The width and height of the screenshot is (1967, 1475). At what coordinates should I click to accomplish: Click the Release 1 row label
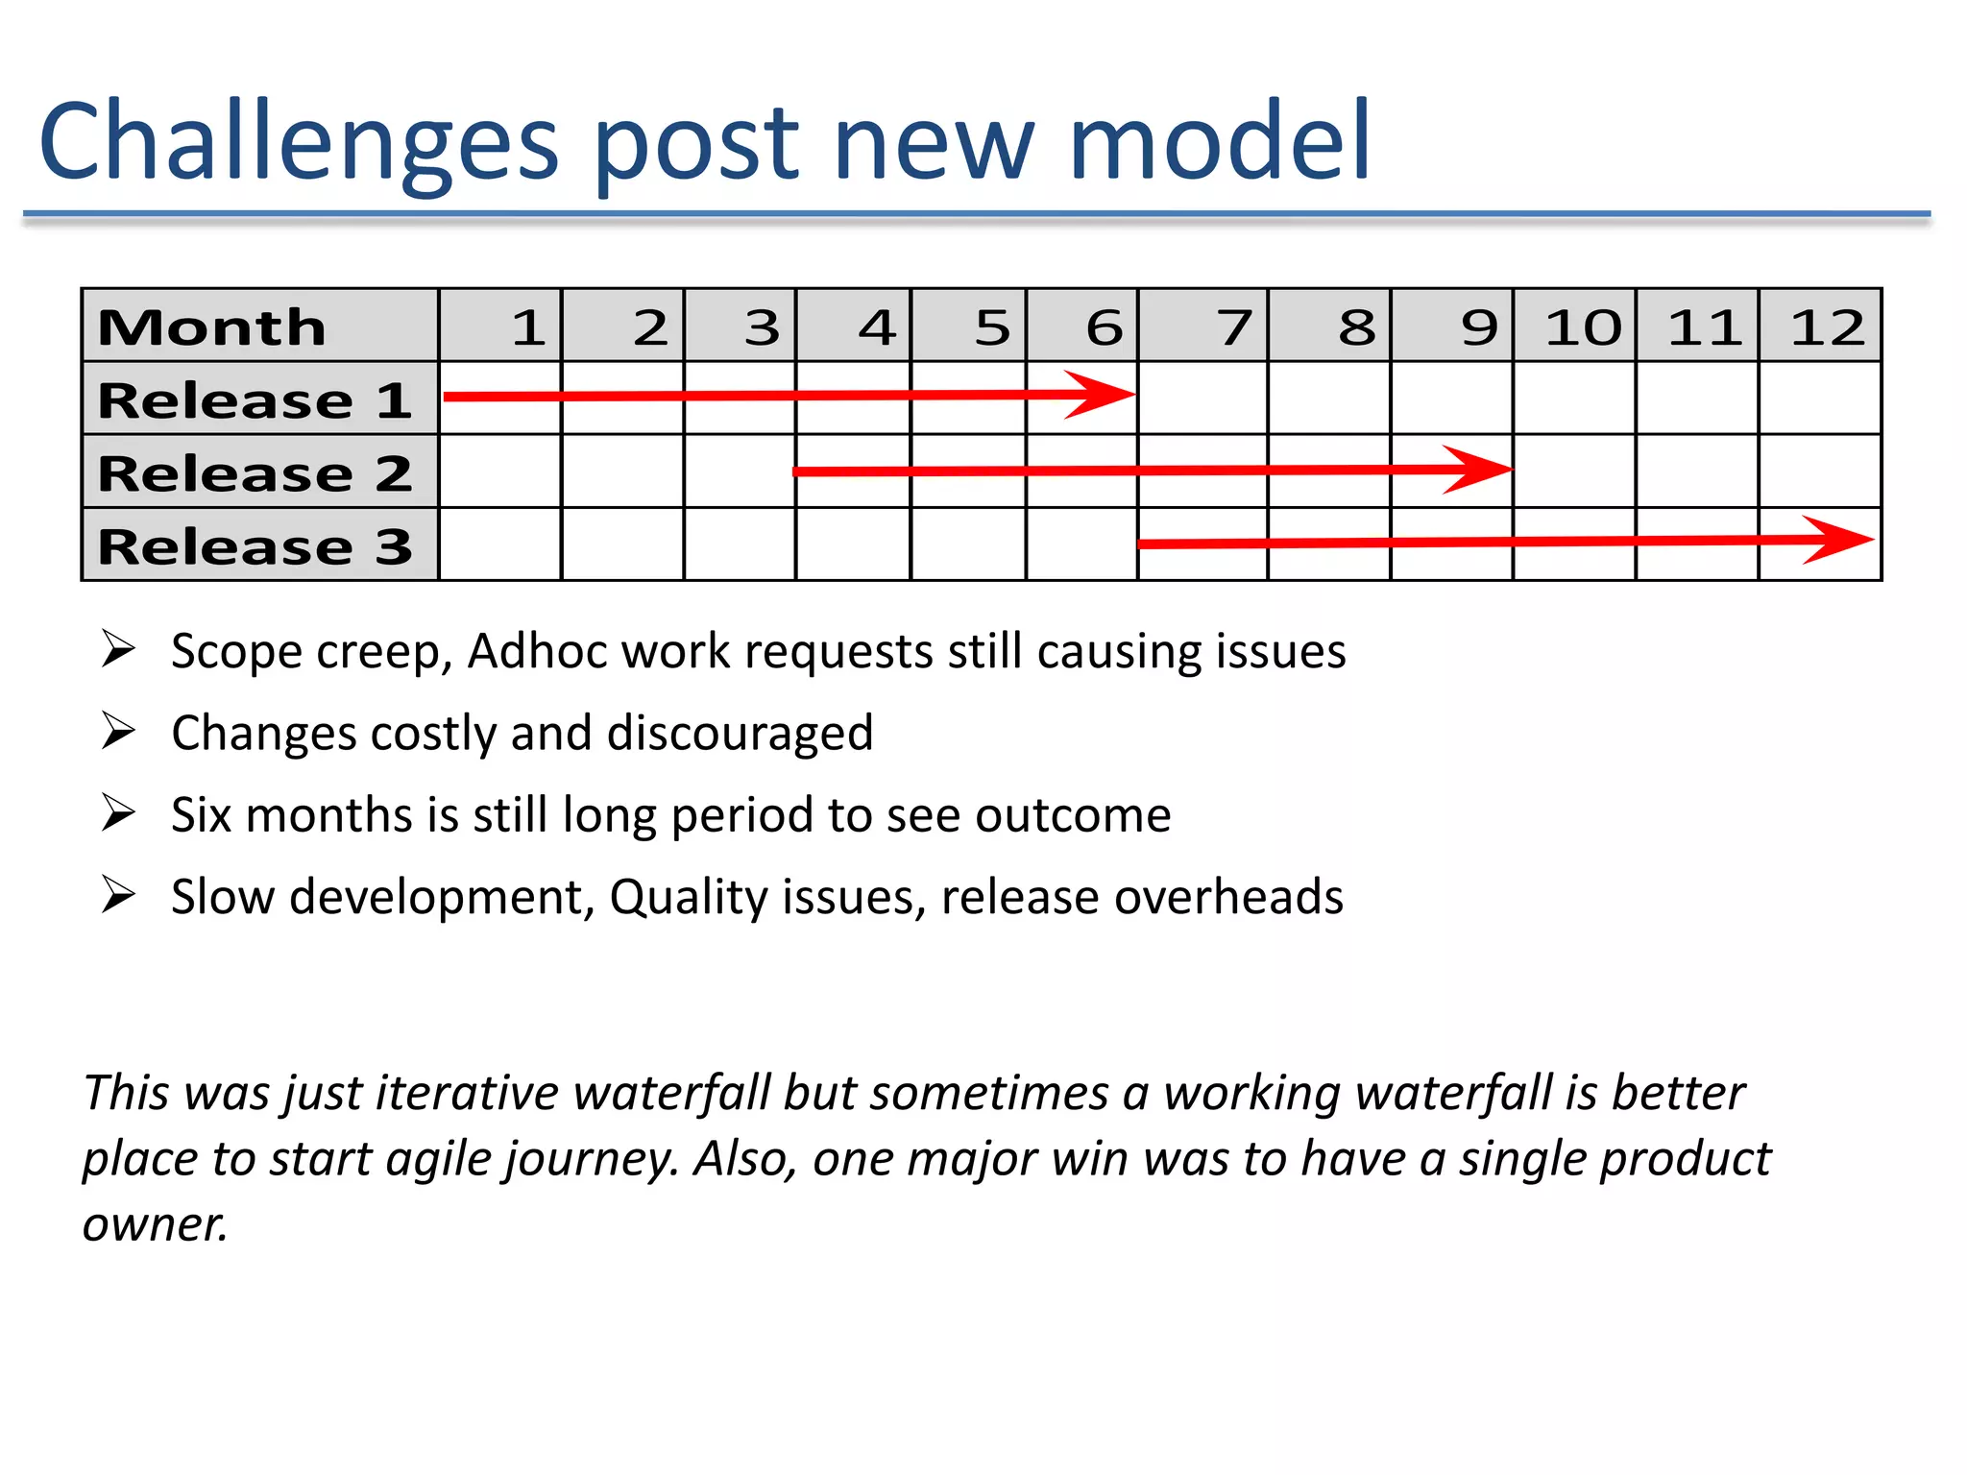255,399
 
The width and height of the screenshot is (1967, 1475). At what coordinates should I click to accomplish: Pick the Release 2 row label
255,472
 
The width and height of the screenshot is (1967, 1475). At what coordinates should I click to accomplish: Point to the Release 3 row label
255,545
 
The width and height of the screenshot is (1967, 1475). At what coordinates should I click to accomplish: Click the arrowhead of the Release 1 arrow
1105,394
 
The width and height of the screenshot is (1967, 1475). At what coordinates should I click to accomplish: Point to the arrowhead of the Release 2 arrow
1481,469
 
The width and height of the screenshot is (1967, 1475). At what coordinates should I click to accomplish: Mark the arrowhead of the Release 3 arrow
1842,540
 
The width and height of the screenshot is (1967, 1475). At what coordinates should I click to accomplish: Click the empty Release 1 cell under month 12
1819,398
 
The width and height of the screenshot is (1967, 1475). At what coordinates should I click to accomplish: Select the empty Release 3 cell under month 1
499,544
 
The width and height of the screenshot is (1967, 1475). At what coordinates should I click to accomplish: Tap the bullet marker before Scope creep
118,650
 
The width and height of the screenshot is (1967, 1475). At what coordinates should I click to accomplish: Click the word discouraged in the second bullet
740,734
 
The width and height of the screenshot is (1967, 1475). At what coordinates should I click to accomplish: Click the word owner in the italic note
154,1225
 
